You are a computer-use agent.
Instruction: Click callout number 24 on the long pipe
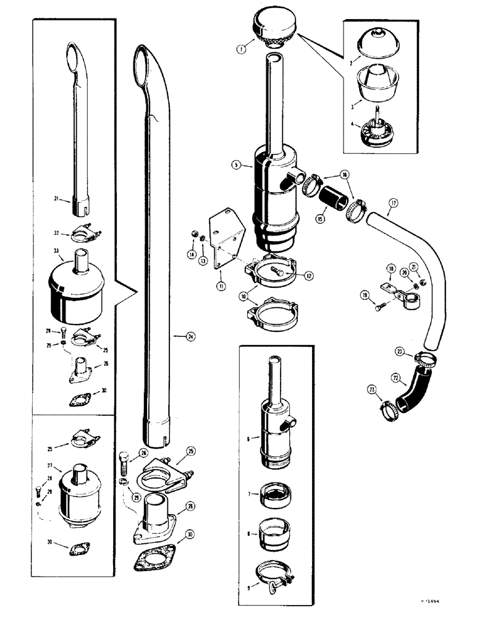click(x=192, y=337)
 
